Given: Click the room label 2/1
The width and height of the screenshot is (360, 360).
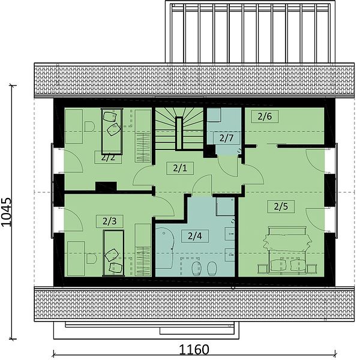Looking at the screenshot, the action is click(180, 168).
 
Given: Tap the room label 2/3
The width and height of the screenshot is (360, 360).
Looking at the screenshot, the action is click(110, 221).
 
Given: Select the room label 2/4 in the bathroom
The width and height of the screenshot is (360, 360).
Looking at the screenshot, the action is click(194, 236).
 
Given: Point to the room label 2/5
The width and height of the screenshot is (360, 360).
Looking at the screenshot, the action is click(281, 206).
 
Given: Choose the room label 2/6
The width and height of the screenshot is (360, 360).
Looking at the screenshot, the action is click(265, 116).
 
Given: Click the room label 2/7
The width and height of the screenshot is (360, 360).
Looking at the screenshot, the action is click(226, 138).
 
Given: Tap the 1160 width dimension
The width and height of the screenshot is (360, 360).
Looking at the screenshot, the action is click(194, 350).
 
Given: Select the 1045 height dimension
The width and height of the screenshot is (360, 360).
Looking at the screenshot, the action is click(7, 212).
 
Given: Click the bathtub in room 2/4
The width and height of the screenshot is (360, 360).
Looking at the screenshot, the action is click(164, 248).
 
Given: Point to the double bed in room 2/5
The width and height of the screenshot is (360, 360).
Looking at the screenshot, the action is click(287, 250).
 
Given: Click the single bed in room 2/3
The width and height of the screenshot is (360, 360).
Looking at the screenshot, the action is click(113, 253).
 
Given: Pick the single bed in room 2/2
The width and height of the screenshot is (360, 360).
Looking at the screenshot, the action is click(112, 131).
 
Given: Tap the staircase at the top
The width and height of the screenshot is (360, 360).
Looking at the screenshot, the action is click(179, 128).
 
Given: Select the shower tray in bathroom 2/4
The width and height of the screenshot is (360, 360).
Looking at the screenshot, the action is click(225, 206).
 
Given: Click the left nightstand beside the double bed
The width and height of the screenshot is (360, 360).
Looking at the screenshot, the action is click(262, 269).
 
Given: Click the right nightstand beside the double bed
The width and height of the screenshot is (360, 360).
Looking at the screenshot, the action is click(312, 269).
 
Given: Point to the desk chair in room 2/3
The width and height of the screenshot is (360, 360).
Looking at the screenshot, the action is click(92, 259).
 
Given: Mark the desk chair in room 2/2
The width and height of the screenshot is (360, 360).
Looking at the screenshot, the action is click(89, 127).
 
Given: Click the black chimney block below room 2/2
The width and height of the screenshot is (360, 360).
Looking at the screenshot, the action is click(106, 186).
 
